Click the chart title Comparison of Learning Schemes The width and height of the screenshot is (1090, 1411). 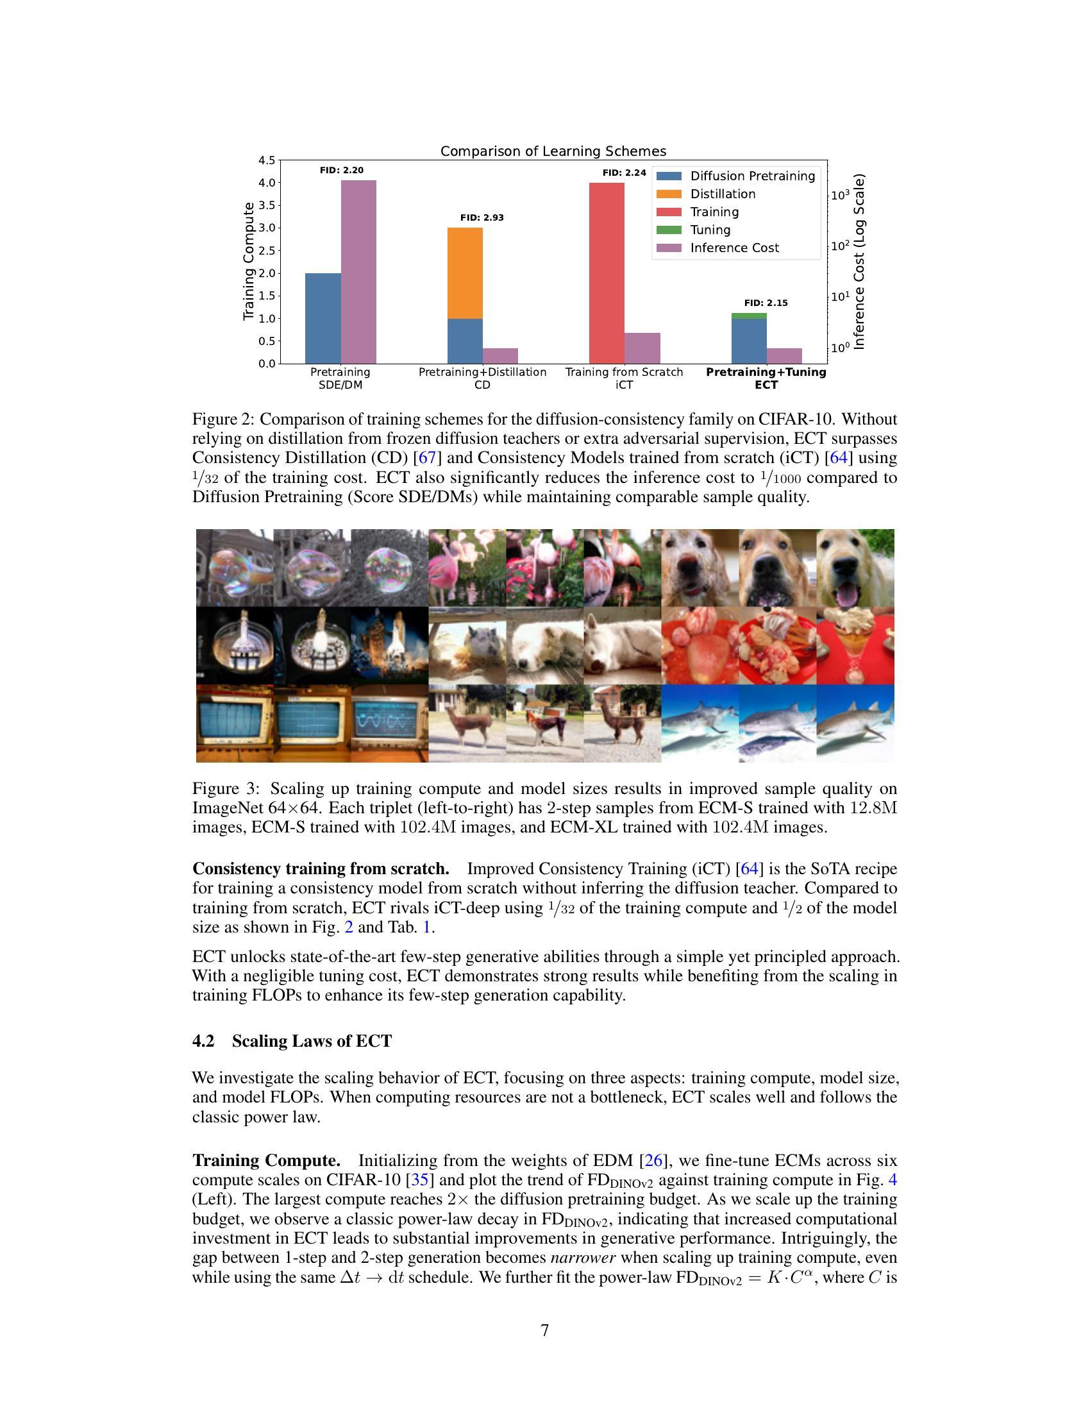553,151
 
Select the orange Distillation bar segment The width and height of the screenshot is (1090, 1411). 465,273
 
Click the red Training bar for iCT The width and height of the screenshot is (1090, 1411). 607,273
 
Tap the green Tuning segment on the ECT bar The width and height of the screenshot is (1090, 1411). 748,316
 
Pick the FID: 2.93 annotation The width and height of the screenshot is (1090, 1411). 482,217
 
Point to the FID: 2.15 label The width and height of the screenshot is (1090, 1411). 766,303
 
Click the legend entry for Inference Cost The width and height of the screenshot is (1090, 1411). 734,248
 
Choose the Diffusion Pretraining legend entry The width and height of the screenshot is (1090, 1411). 752,176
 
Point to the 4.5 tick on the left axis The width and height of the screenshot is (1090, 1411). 266,160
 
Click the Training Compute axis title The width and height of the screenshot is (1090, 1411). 249,261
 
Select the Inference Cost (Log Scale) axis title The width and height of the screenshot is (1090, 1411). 859,261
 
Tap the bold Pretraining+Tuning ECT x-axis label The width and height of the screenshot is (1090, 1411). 766,378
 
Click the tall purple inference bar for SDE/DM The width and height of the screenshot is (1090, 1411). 358,271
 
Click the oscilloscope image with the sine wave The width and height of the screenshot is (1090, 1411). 389,723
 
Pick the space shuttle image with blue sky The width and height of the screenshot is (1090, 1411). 389,645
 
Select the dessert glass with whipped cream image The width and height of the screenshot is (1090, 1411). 855,645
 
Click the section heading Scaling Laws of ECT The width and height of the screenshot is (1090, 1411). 311,1042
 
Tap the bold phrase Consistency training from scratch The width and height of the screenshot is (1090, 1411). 321,869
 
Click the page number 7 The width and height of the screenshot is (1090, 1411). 544,1331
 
